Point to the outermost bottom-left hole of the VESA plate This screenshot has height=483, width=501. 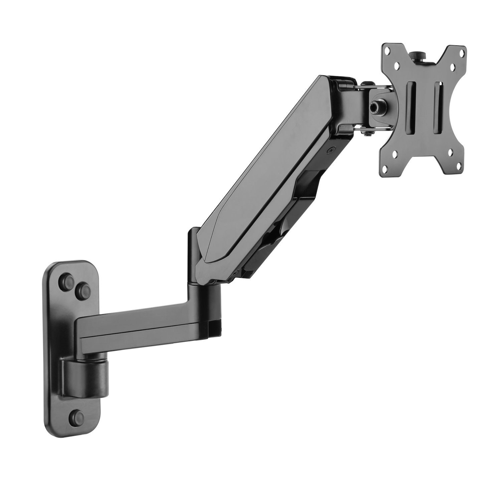click(x=386, y=154)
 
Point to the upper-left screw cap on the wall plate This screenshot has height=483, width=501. click(x=64, y=279)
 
